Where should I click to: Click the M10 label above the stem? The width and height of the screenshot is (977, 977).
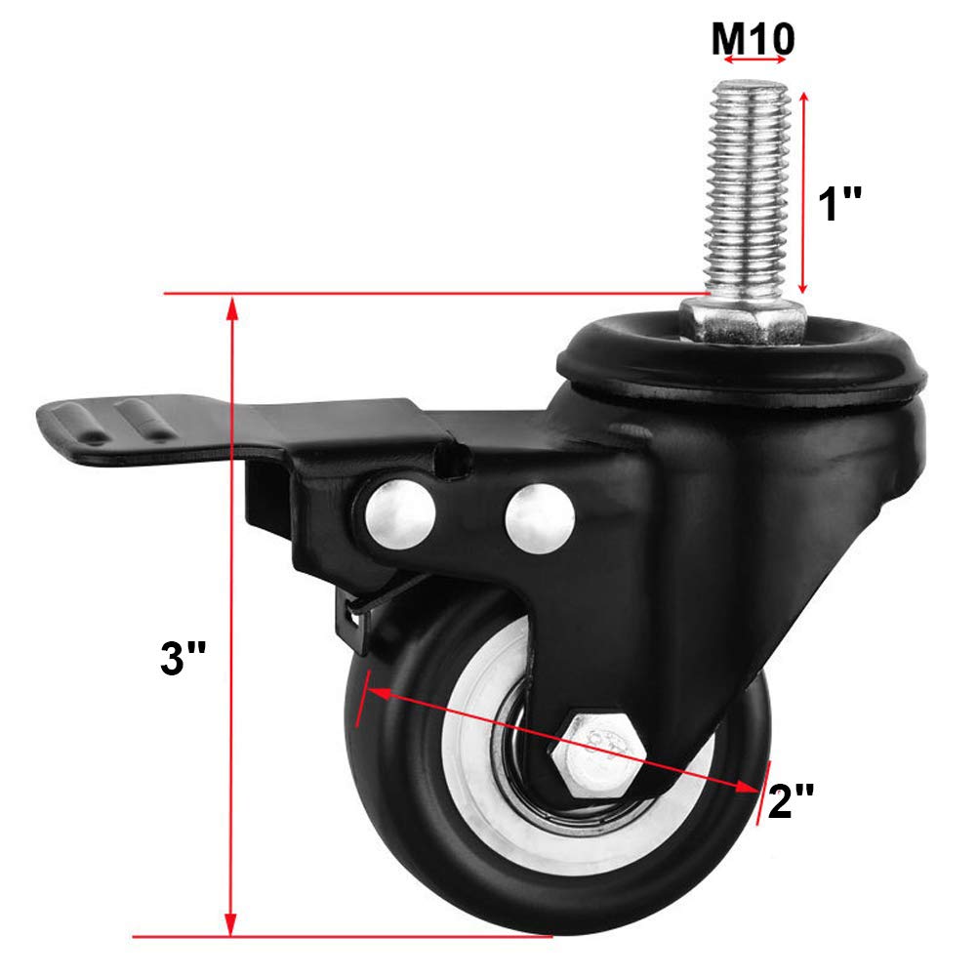[x=753, y=38]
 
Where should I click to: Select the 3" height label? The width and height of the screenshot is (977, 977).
[x=184, y=660]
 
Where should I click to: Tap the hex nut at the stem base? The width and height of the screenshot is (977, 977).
[x=744, y=320]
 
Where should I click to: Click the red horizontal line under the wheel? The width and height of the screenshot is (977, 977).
[x=342, y=935]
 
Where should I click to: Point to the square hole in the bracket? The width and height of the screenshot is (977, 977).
[x=451, y=461]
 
